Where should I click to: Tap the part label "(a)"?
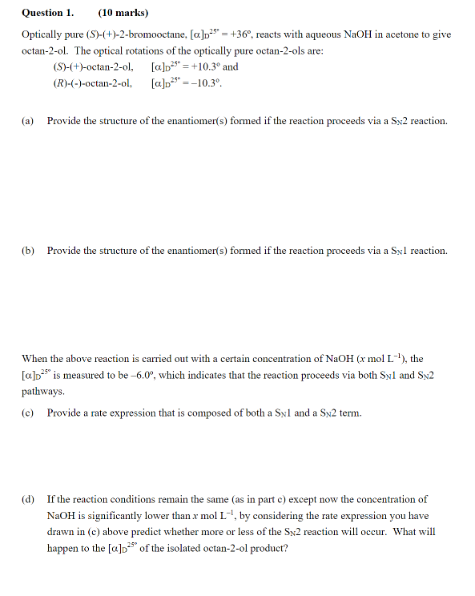click(29, 121)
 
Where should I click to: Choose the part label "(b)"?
click(29, 251)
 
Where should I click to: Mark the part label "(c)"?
click(29, 413)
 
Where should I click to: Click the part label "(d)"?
click(29, 500)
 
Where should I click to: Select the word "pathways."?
click(43, 392)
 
